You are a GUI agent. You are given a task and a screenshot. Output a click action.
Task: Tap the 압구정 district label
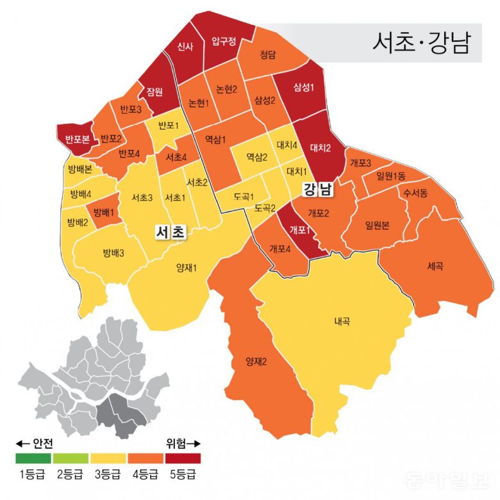coord(224,42)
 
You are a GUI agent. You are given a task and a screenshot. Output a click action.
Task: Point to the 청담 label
coord(268,56)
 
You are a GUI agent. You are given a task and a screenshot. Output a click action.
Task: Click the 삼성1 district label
coord(303,87)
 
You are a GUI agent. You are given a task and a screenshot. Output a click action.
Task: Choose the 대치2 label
coord(320,148)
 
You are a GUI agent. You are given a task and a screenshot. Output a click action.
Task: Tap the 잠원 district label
coord(154,91)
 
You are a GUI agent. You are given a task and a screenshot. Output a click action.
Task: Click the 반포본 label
coord(77,138)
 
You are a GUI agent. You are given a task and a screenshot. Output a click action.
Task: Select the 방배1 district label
coord(103,212)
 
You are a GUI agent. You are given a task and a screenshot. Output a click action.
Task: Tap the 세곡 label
coord(434,266)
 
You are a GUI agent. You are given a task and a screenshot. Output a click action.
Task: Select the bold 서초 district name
coord(170,232)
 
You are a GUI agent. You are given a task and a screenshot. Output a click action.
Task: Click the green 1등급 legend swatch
coord(33,458)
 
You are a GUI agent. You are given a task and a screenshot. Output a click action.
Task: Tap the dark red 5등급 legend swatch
coord(183,458)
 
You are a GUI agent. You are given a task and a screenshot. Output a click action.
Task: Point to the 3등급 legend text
coord(108,475)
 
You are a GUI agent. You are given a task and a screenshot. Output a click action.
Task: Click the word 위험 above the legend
coord(176,444)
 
